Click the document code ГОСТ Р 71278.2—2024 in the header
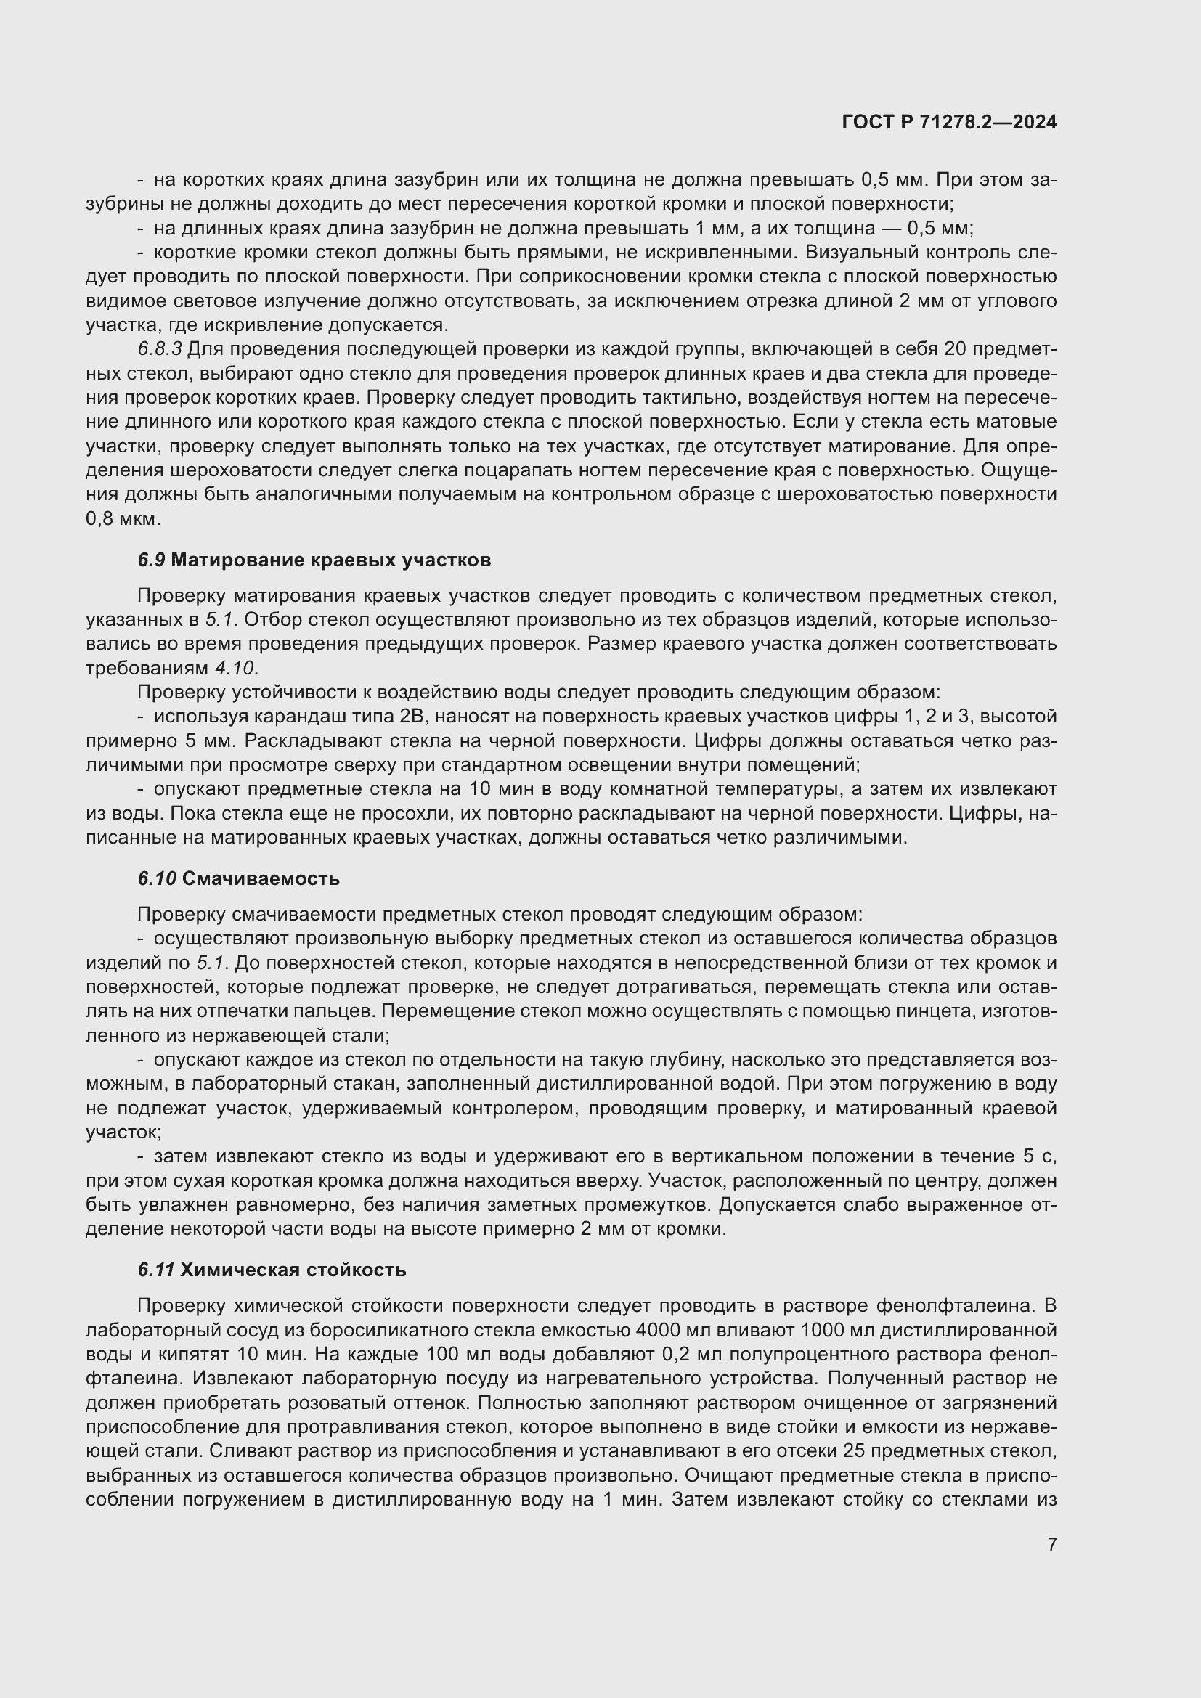pos(949,123)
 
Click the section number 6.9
pos(151,560)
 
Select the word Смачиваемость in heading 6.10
pos(261,878)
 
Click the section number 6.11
pos(155,1270)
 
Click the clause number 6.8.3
pos(159,349)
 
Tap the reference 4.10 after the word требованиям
pos(235,668)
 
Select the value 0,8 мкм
pos(123,518)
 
